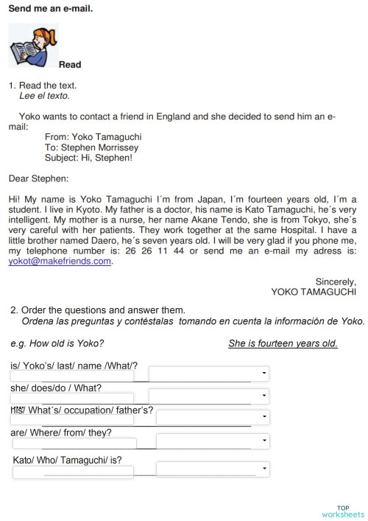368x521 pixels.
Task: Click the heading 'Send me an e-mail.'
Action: pos(51,9)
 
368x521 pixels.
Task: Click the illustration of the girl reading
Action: pos(32,46)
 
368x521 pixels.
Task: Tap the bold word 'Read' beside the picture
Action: pos(70,65)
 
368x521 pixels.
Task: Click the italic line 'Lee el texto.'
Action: pos(44,96)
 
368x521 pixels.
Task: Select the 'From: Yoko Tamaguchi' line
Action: pos(93,137)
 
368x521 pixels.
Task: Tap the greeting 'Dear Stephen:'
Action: pos(38,178)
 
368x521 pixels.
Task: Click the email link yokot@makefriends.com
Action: pos(60,261)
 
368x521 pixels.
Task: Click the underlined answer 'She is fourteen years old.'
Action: pos(283,344)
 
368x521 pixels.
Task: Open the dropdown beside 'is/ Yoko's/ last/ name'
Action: pos(263,374)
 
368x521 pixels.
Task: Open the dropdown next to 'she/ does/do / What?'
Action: pos(263,396)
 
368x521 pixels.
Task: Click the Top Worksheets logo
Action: pos(342,511)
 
